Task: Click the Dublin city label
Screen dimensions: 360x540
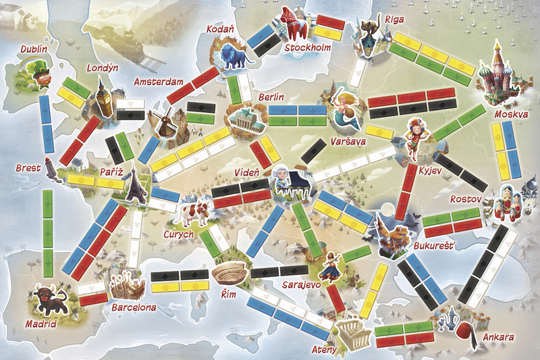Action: click(x=34, y=49)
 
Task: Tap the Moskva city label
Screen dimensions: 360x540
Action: click(x=510, y=115)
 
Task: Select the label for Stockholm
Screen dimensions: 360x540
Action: click(x=308, y=48)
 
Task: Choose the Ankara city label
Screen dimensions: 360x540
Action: click(x=498, y=336)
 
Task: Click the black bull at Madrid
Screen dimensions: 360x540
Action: click(x=48, y=299)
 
